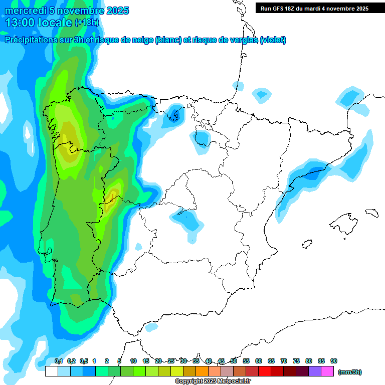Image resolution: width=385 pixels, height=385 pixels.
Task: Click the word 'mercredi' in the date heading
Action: point(23,11)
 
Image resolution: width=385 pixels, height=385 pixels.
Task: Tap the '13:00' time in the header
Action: point(20,23)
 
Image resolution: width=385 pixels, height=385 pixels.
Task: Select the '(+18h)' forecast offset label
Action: point(87,23)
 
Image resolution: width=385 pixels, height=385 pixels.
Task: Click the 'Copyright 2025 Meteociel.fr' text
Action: point(213,381)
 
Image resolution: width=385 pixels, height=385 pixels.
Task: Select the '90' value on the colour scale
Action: point(334,361)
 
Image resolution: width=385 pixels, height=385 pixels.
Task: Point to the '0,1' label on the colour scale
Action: point(59,361)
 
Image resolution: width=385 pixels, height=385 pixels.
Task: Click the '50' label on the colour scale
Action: point(234,361)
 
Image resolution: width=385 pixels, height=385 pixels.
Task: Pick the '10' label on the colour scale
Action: point(133,361)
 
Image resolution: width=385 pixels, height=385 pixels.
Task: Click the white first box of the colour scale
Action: point(51,371)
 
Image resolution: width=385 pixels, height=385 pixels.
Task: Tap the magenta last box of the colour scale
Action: point(327,371)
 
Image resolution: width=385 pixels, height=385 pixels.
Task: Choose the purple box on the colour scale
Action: point(315,371)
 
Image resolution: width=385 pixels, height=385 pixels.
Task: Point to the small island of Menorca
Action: point(371,213)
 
